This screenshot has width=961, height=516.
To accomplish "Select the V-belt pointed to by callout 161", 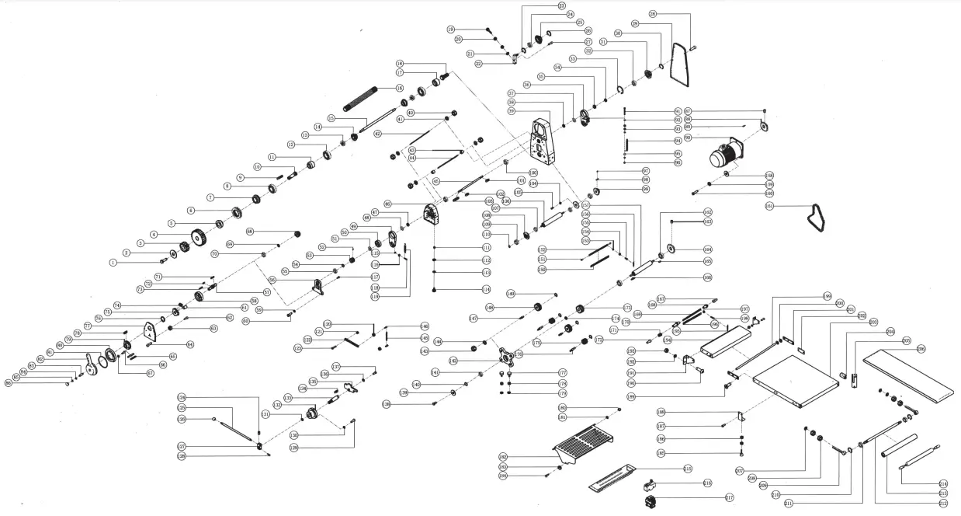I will [815, 218].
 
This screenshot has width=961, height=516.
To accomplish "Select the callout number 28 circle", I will [653, 14].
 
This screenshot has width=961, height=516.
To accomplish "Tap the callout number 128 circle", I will [181, 456].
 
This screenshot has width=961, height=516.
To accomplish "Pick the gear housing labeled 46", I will [432, 213].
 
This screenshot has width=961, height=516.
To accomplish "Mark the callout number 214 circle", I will [943, 483].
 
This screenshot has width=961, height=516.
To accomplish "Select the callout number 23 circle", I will [562, 5].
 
